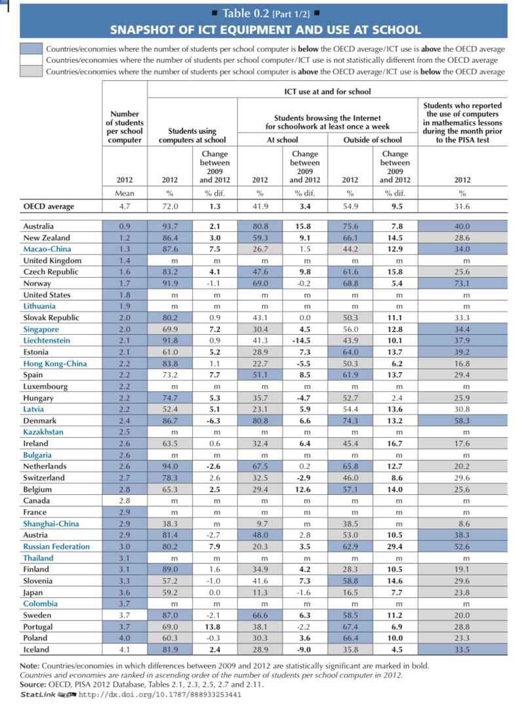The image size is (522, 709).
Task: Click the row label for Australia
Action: tap(39, 226)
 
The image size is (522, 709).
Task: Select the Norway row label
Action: tap(37, 284)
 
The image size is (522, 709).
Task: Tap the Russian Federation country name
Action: tap(56, 547)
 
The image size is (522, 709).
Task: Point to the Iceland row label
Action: tap(36, 650)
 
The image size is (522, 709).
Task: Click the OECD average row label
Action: tap(49, 207)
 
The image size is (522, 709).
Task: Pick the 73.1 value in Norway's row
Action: tap(462, 284)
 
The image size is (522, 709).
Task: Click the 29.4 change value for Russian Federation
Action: tap(395, 547)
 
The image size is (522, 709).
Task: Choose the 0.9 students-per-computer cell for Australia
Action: tap(125, 226)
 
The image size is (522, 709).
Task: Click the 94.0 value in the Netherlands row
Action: tap(170, 466)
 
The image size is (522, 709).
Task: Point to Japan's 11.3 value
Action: tap(260, 593)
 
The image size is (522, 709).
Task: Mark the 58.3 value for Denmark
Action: tap(462, 421)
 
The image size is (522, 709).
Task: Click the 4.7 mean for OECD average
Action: tap(125, 207)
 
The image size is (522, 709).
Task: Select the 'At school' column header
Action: tap(282, 140)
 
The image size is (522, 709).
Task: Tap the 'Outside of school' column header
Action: tap(372, 140)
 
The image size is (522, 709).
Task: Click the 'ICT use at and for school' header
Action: tap(327, 91)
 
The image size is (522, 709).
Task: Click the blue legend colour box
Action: tap(31, 49)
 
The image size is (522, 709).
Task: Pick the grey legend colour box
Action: tap(31, 72)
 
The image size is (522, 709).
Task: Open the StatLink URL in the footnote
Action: tap(160, 695)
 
